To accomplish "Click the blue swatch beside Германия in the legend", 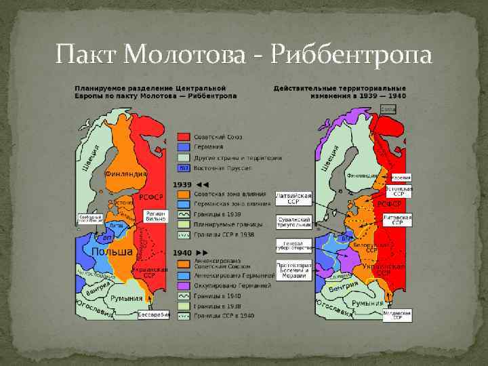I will point(183,147).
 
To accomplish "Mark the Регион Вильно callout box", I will point(155,216).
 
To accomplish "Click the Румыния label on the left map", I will point(127,298).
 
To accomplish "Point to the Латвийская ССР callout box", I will point(293,198).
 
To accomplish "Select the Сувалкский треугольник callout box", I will point(293,222).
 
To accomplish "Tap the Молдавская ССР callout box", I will point(396,316).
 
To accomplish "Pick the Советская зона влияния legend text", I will point(222,195).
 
